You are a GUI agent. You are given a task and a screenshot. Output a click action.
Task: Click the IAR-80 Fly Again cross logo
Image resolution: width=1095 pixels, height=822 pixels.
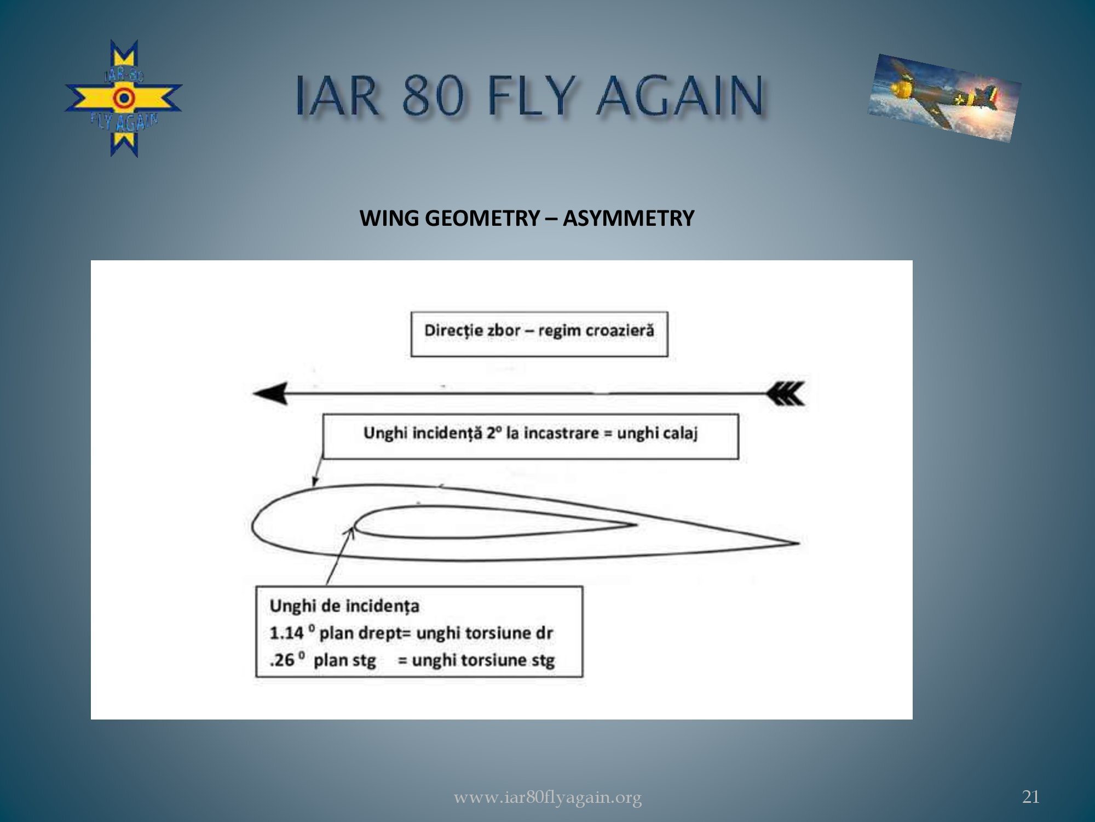coord(124,99)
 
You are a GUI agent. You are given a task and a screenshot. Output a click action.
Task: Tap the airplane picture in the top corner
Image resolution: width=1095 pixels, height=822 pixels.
coord(944,98)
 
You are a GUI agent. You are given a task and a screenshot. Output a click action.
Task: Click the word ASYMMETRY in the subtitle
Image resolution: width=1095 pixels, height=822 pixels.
coord(628,218)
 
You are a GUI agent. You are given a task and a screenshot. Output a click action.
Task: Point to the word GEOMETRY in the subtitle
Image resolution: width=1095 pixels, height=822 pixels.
coord(482,218)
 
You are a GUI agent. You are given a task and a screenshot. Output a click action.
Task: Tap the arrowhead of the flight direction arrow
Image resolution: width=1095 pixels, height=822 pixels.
coord(270,393)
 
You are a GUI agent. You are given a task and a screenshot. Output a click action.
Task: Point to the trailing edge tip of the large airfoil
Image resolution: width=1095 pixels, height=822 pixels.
coord(799,543)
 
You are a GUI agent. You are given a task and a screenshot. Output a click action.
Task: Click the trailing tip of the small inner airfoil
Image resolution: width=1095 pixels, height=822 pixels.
coord(636,525)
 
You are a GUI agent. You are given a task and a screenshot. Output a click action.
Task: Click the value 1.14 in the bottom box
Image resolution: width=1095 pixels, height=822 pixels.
coord(286,633)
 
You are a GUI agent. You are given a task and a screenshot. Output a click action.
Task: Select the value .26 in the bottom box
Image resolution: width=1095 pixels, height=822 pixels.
coord(283,660)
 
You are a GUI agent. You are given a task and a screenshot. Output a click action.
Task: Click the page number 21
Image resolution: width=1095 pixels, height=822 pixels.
coord(1031,796)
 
